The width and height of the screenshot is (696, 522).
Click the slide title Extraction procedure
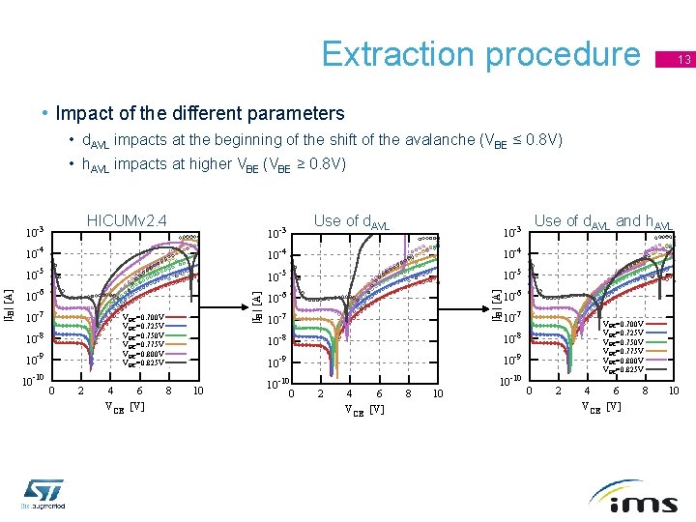click(x=480, y=55)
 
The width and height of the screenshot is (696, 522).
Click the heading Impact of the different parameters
click(x=200, y=113)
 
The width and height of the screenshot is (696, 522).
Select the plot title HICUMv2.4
click(x=127, y=221)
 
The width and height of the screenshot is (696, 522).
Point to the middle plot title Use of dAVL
click(x=352, y=221)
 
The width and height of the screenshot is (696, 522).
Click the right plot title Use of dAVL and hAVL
click(x=603, y=221)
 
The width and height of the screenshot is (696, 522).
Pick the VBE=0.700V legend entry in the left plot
click(x=144, y=317)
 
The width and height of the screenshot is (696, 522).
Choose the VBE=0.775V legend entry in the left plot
click(x=144, y=344)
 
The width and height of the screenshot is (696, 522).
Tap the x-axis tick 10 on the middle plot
click(x=437, y=393)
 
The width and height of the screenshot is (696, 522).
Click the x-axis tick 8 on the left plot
click(x=169, y=391)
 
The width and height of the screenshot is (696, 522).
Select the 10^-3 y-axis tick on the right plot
click(x=512, y=232)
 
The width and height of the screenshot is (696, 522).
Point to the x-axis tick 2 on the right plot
click(x=558, y=391)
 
